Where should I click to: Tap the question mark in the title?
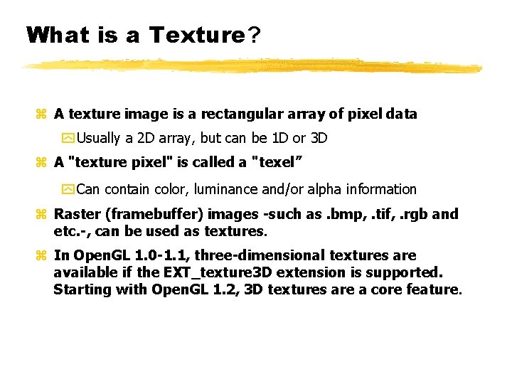point(253,35)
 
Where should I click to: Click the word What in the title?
point(56,35)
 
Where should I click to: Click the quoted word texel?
point(277,162)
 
